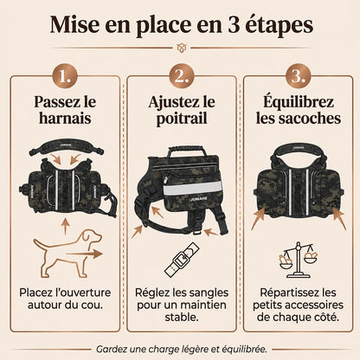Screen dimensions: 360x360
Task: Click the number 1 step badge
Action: point(65,76)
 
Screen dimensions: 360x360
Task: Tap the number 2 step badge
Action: point(182,76)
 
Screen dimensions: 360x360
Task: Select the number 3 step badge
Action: point(298,76)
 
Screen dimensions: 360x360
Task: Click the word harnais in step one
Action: point(65,119)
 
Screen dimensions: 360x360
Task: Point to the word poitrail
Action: point(182,119)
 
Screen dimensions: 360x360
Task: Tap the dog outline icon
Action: point(68,254)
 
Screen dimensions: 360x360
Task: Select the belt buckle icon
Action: point(182,259)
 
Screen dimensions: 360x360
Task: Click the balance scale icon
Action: point(298,260)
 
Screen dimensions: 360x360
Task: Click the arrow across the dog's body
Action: point(84,254)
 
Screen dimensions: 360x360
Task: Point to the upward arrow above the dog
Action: point(66,227)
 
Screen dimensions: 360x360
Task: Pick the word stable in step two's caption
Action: point(182,318)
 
